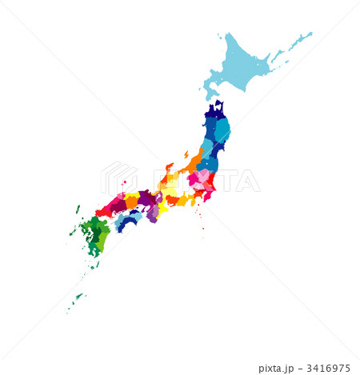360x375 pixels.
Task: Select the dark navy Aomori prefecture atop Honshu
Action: tap(214, 111)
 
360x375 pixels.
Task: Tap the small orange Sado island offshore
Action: tap(186, 154)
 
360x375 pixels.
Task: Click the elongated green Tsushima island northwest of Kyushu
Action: tap(78, 209)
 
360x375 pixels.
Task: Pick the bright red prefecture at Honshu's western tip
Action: tap(102, 212)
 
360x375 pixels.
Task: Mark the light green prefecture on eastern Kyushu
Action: tap(102, 238)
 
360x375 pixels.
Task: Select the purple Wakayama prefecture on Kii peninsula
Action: tap(151, 213)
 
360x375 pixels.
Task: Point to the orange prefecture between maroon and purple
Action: tap(132, 201)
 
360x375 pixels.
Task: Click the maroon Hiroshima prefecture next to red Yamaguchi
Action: tap(118, 205)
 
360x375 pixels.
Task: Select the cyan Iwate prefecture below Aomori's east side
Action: tap(222, 130)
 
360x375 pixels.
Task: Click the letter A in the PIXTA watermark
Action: tap(250, 181)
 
